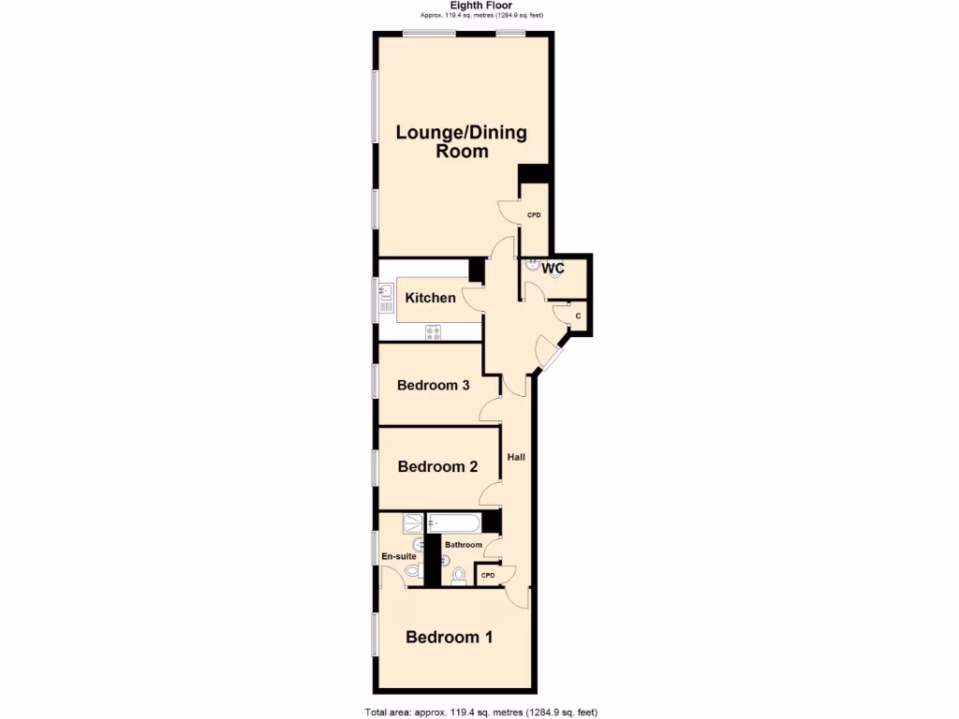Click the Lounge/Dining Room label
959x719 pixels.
coord(461,141)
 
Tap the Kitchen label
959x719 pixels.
coord(431,299)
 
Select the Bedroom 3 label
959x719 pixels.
coord(433,385)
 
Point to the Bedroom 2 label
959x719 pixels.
coord(438,466)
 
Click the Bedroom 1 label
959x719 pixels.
coord(450,638)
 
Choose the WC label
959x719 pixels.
coord(553,269)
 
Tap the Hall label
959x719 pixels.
coord(516,458)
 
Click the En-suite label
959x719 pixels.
coord(399,556)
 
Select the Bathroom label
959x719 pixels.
coord(464,545)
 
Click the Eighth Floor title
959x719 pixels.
coord(481,6)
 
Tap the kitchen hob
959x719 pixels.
coord(434,330)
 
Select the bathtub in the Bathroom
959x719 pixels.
coord(455,522)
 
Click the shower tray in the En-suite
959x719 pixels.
coord(413,522)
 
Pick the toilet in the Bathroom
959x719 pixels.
coord(458,574)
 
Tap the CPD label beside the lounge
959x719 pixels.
coord(534,215)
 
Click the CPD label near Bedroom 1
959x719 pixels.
coord(488,575)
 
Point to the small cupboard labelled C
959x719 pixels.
coord(578,316)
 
